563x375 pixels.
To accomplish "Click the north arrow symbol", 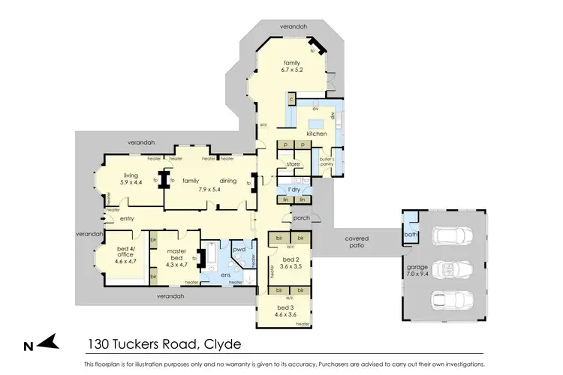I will click(43, 344).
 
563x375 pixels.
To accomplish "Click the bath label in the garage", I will click(410, 235).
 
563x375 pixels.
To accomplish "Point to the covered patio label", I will click(357, 241).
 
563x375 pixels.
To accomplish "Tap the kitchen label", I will click(317, 133).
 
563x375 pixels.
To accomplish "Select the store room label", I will click(292, 163).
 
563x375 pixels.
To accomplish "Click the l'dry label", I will click(294, 190).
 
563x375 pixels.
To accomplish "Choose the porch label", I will click(301, 219).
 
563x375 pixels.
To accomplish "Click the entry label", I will click(126, 218).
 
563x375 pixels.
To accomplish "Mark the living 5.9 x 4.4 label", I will click(131, 178).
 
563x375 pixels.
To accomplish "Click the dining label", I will click(228, 181).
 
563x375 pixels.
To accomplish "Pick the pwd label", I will click(239, 248).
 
